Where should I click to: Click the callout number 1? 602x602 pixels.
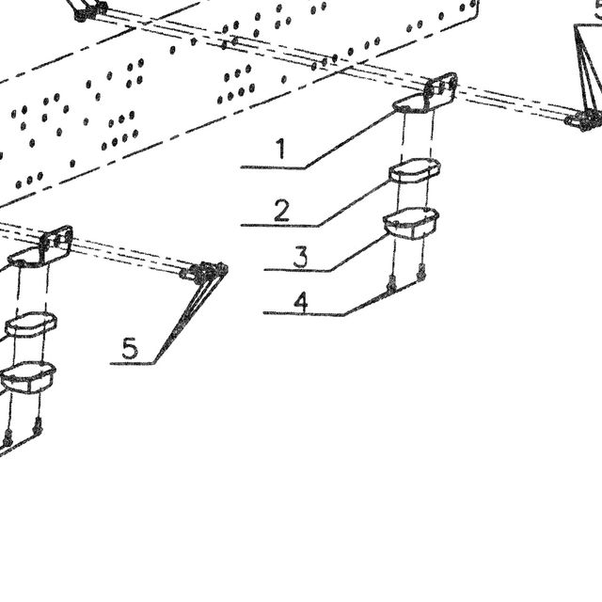[281, 149]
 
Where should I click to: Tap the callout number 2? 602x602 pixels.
[281, 211]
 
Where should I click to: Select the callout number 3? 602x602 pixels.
[300, 257]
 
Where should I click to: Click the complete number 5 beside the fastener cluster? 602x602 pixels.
[130, 348]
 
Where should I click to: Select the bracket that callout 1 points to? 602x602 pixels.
[425, 93]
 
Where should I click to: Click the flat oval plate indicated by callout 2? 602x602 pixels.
[414, 169]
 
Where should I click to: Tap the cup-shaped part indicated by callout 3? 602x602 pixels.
[411, 223]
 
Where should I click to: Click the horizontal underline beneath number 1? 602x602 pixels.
[273, 167]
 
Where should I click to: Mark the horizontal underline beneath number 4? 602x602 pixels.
[304, 313]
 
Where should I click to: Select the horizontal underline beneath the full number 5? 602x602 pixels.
[132, 363]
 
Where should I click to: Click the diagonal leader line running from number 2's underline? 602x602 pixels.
[354, 203]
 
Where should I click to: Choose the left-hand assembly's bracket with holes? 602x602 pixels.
[40, 246]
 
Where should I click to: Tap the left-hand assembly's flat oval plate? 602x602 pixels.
[31, 324]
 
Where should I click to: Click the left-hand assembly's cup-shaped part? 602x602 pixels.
[28, 377]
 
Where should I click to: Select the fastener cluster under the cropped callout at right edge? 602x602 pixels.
[583, 119]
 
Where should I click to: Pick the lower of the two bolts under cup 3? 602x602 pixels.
[391, 283]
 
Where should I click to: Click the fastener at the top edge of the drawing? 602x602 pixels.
[89, 10]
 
